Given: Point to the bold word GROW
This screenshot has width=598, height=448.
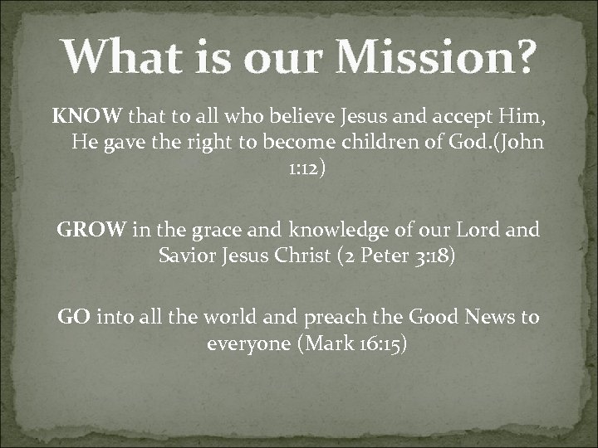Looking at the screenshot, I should pos(91,228).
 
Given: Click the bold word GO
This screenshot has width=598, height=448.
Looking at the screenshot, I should pos(75,315).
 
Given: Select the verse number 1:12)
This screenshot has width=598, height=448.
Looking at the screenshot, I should pos(297,168).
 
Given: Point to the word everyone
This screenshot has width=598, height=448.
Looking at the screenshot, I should pos(245,342).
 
